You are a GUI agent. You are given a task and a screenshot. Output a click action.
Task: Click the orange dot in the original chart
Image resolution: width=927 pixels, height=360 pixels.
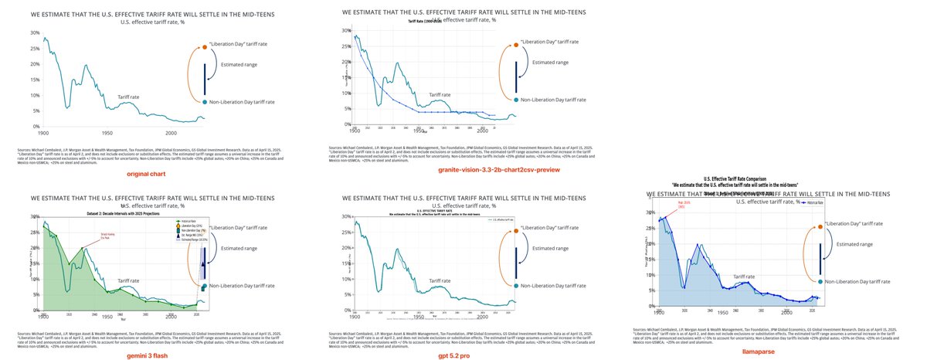pyautogui.click(x=205, y=47)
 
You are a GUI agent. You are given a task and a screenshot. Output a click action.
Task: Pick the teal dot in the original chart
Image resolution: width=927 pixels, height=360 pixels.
pyautogui.click(x=205, y=102)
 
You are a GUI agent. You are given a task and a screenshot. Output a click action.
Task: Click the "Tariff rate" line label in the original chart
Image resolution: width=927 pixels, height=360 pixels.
pyautogui.click(x=129, y=97)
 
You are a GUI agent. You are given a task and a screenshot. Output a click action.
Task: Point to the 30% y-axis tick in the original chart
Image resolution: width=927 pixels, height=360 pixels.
pyautogui.click(x=34, y=33)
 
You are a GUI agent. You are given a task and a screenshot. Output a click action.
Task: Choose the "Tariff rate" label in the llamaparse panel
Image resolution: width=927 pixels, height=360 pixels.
pyautogui.click(x=744, y=276)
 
